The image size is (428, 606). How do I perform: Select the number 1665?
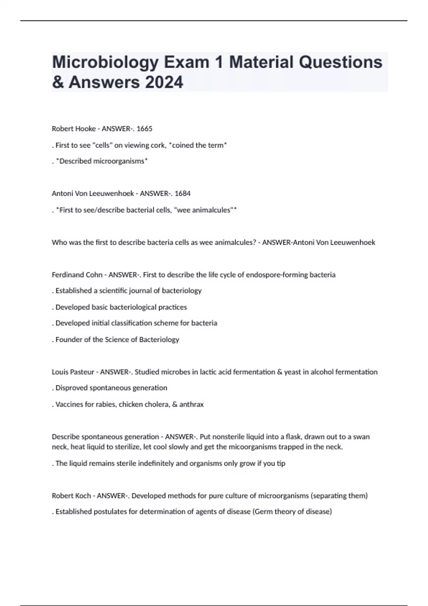tap(144, 129)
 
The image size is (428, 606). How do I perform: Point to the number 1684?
tap(183, 194)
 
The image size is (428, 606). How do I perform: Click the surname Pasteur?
tap(82, 372)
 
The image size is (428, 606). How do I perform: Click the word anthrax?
tap(192, 405)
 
